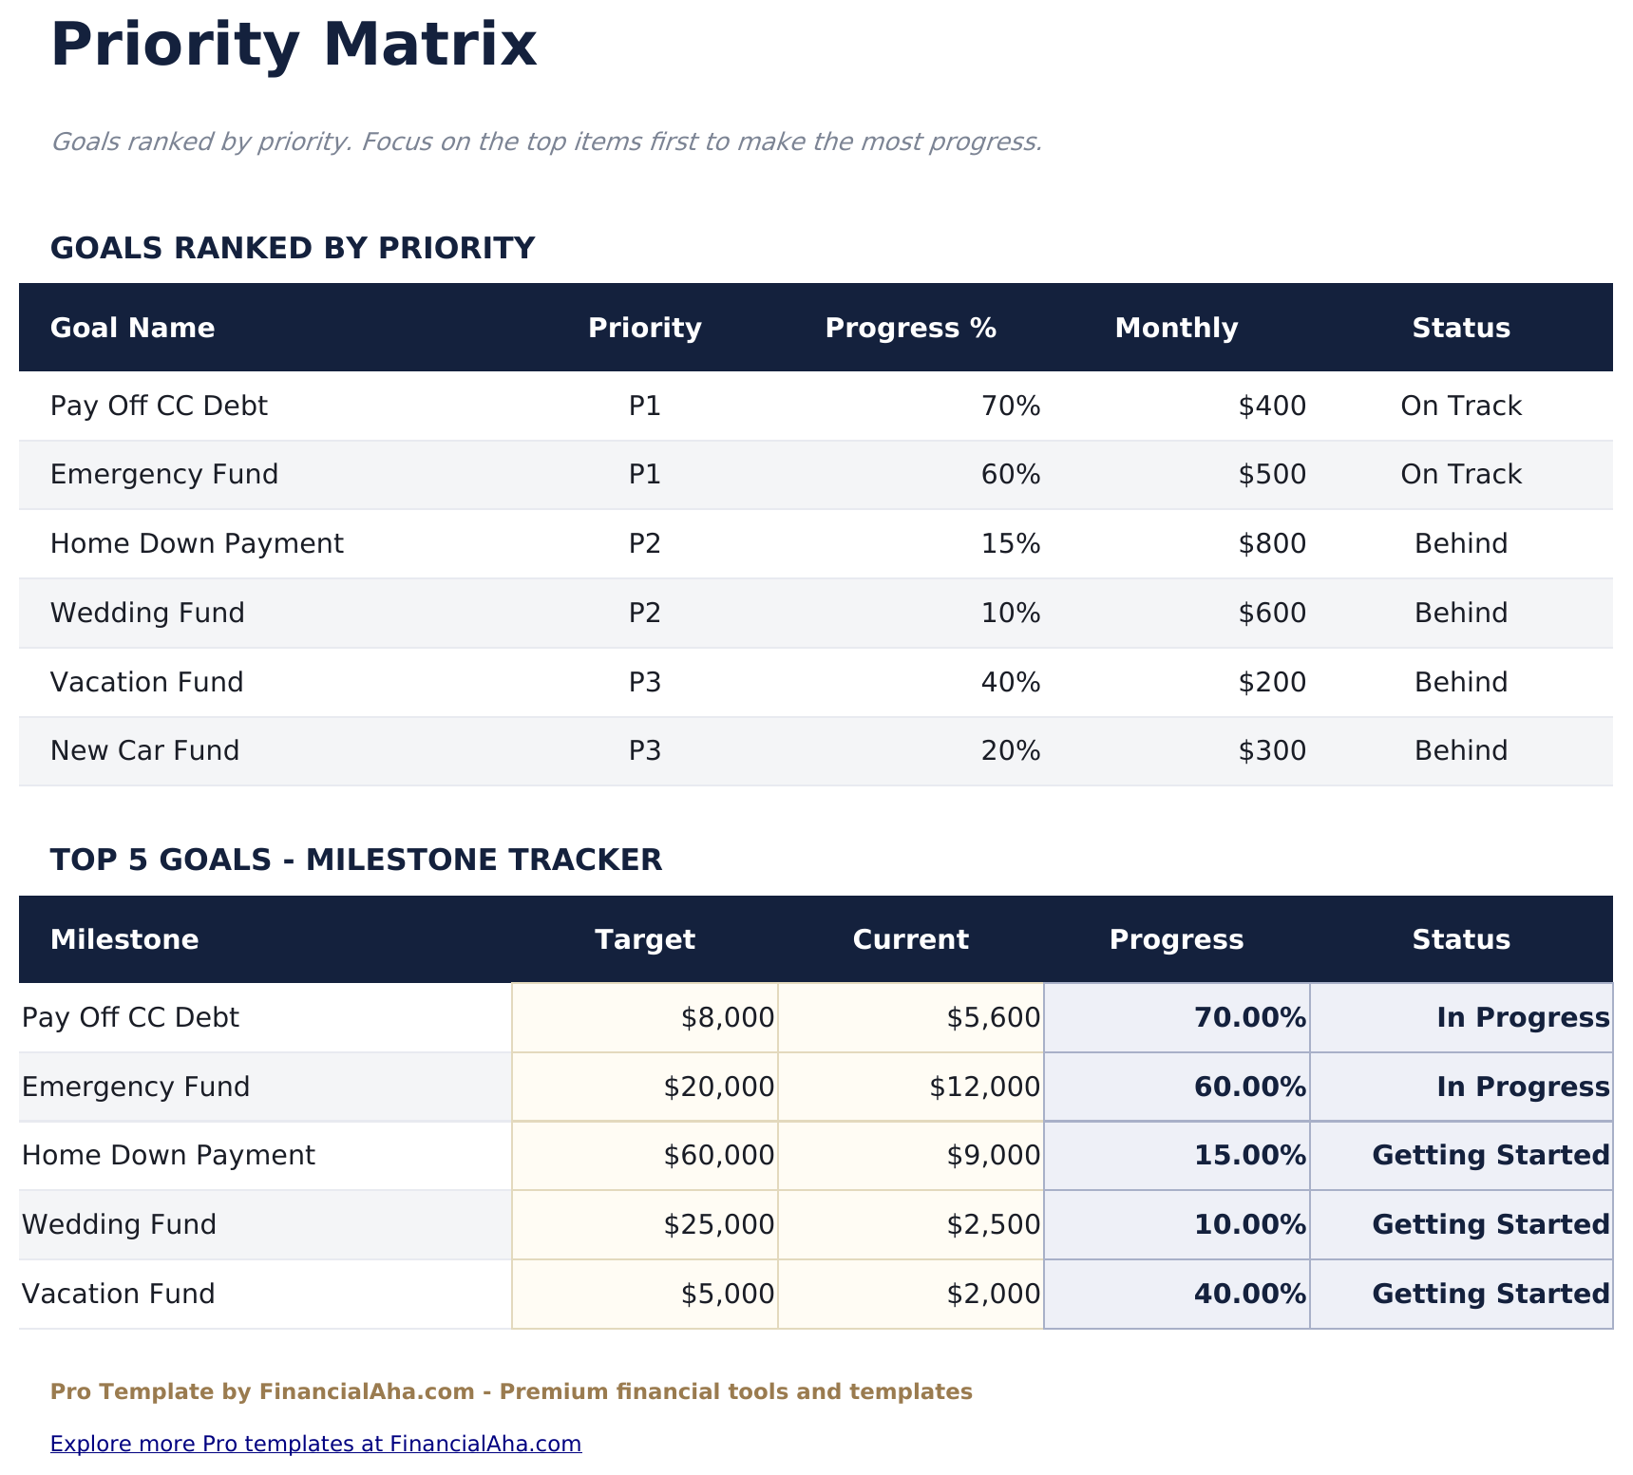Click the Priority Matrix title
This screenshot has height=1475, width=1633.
[x=294, y=46]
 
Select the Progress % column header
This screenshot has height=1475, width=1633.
[x=910, y=329]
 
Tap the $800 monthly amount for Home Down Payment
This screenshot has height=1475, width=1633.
[x=1271, y=544]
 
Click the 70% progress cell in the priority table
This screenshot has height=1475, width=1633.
[x=1010, y=407]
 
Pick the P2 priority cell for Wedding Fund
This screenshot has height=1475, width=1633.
[x=644, y=614]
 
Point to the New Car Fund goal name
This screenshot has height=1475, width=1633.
[x=144, y=751]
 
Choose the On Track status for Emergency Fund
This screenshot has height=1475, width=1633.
[x=1460, y=475]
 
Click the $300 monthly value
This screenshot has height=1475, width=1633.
[x=1271, y=751]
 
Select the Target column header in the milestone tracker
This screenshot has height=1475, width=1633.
[x=644, y=940]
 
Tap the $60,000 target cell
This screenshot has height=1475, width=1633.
[x=718, y=1156]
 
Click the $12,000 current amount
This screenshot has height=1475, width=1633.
[x=984, y=1087]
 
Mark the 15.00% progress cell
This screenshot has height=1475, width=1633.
[x=1249, y=1156]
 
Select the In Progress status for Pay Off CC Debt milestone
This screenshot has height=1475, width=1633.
[x=1522, y=1018]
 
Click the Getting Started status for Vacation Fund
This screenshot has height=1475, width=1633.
[x=1491, y=1295]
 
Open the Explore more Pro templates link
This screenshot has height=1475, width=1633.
[x=315, y=1445]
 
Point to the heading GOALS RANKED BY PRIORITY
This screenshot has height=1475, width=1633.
[x=293, y=249]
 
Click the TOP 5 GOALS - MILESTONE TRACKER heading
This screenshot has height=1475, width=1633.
[x=355, y=860]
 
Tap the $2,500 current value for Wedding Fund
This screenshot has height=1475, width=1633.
[x=993, y=1225]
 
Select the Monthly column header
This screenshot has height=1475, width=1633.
[x=1175, y=329]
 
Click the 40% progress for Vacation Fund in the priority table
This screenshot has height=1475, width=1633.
[x=1010, y=683]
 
